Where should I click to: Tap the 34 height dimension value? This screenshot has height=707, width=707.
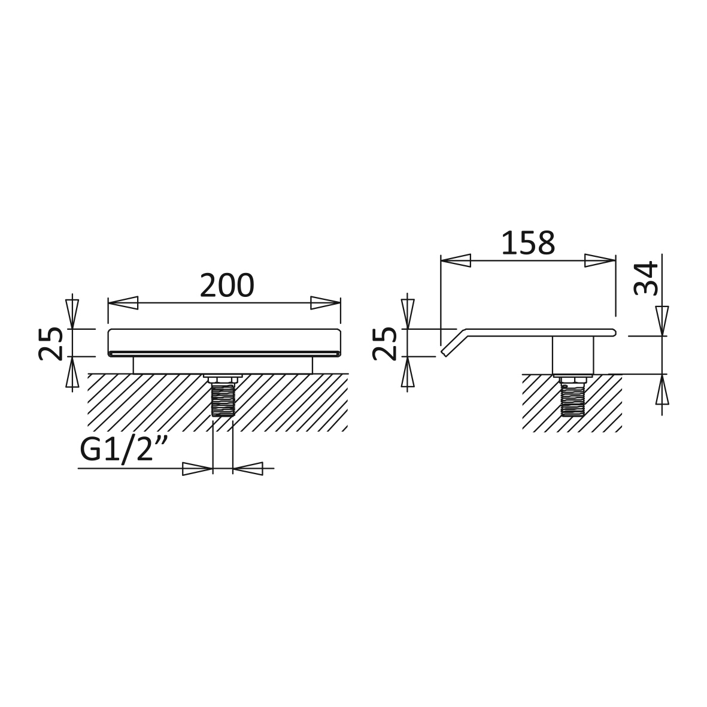pos(646,278)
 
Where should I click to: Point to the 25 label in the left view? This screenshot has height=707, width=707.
pos(50,343)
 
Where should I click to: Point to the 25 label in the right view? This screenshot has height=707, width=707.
pos(384,343)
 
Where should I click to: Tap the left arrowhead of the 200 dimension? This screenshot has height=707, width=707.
pos(123,302)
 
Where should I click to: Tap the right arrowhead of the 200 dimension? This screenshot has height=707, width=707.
pos(325,302)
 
